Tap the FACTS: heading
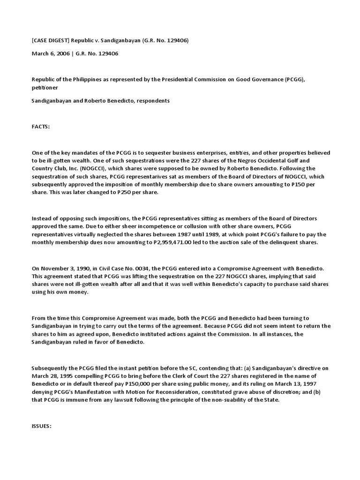41,127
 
